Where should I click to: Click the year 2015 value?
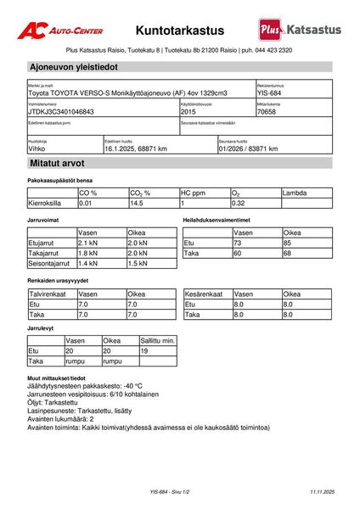coord(189,111)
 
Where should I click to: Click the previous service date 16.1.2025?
coord(136,148)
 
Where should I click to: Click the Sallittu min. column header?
coord(157,339)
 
